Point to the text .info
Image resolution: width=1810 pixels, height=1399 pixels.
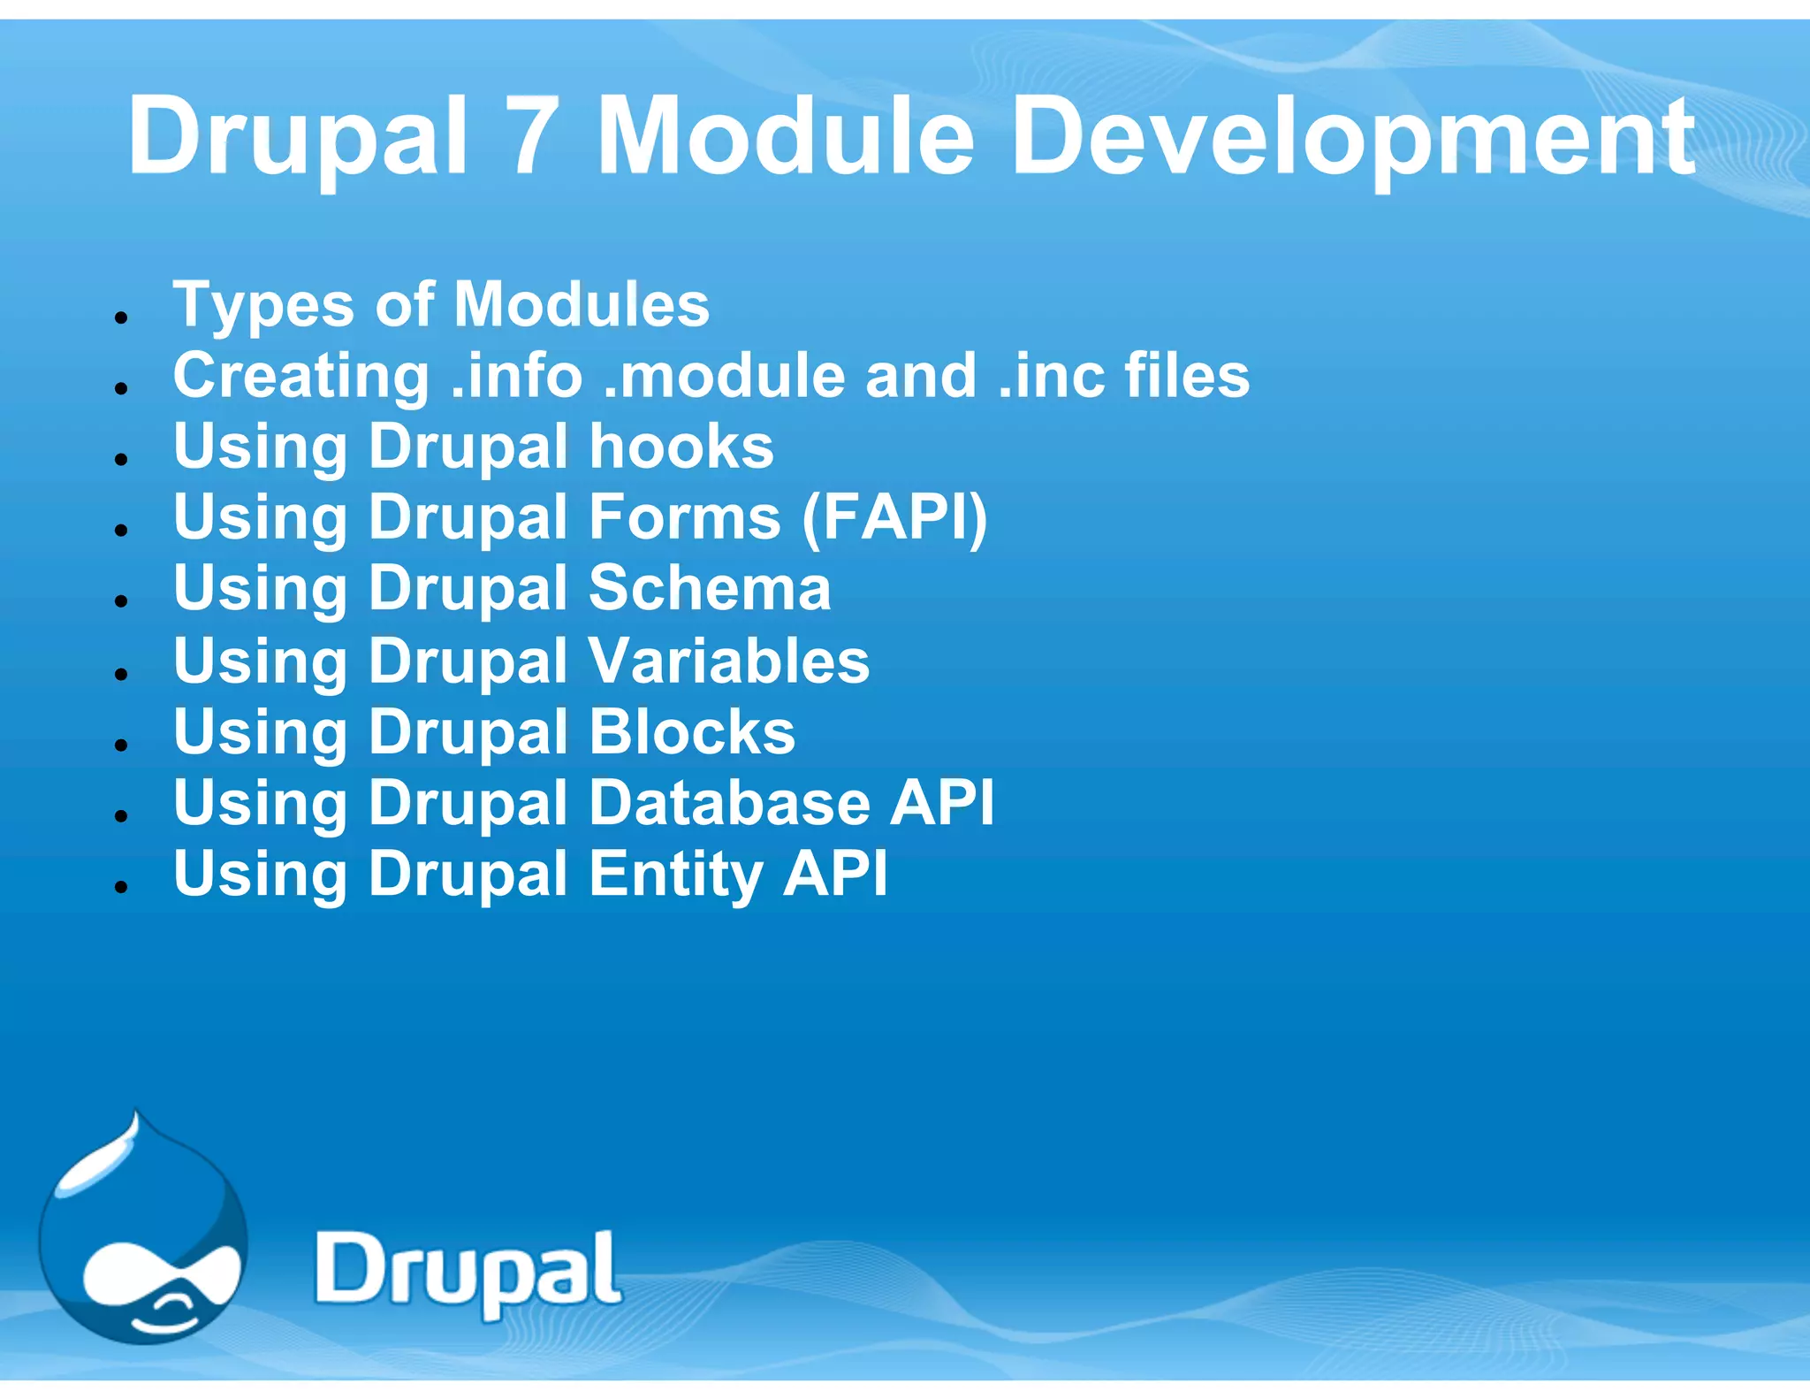[517, 376]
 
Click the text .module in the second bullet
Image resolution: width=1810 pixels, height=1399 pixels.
[724, 376]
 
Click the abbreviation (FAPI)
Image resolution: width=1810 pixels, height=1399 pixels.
[894, 517]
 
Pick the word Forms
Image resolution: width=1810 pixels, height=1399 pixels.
[685, 517]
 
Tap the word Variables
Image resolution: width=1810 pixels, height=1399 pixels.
[729, 661]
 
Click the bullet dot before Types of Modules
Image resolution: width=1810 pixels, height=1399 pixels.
[122, 317]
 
